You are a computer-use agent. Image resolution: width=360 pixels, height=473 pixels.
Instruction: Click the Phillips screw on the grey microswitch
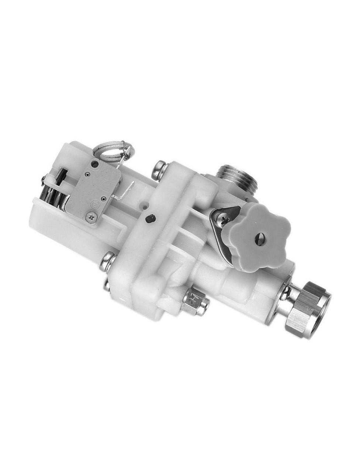coord(91,216)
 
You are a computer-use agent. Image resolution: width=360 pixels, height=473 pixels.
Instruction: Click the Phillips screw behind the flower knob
coord(223,220)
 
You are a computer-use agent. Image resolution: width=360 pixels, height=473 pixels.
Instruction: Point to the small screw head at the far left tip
coord(44,179)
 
